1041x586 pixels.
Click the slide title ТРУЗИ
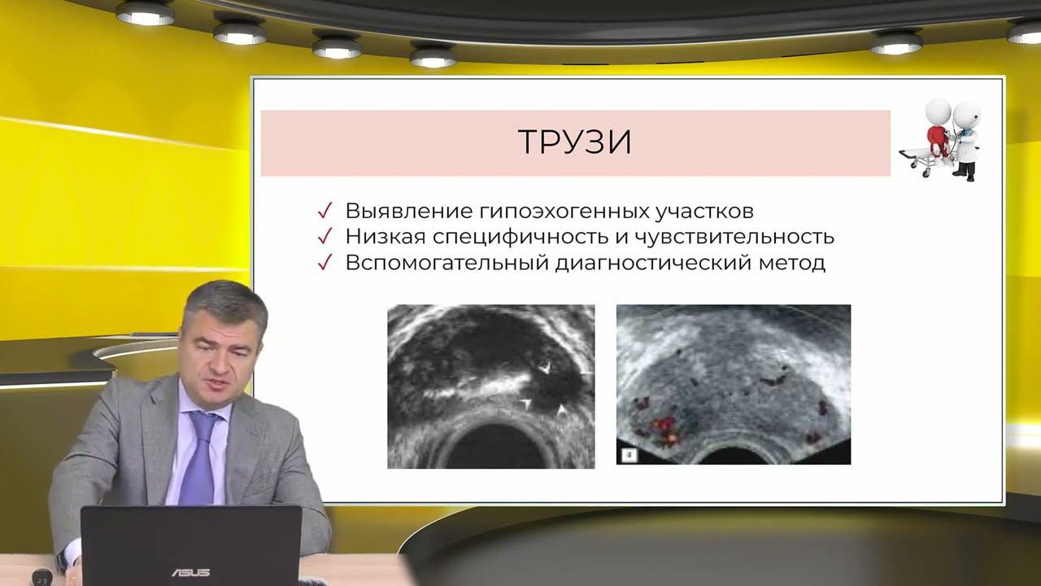click(x=575, y=142)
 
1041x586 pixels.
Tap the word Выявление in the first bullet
click(x=396, y=211)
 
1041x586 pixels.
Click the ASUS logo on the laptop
click(x=190, y=572)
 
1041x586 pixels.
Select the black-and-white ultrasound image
click(x=490, y=386)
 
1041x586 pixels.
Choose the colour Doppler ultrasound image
click(x=733, y=384)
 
